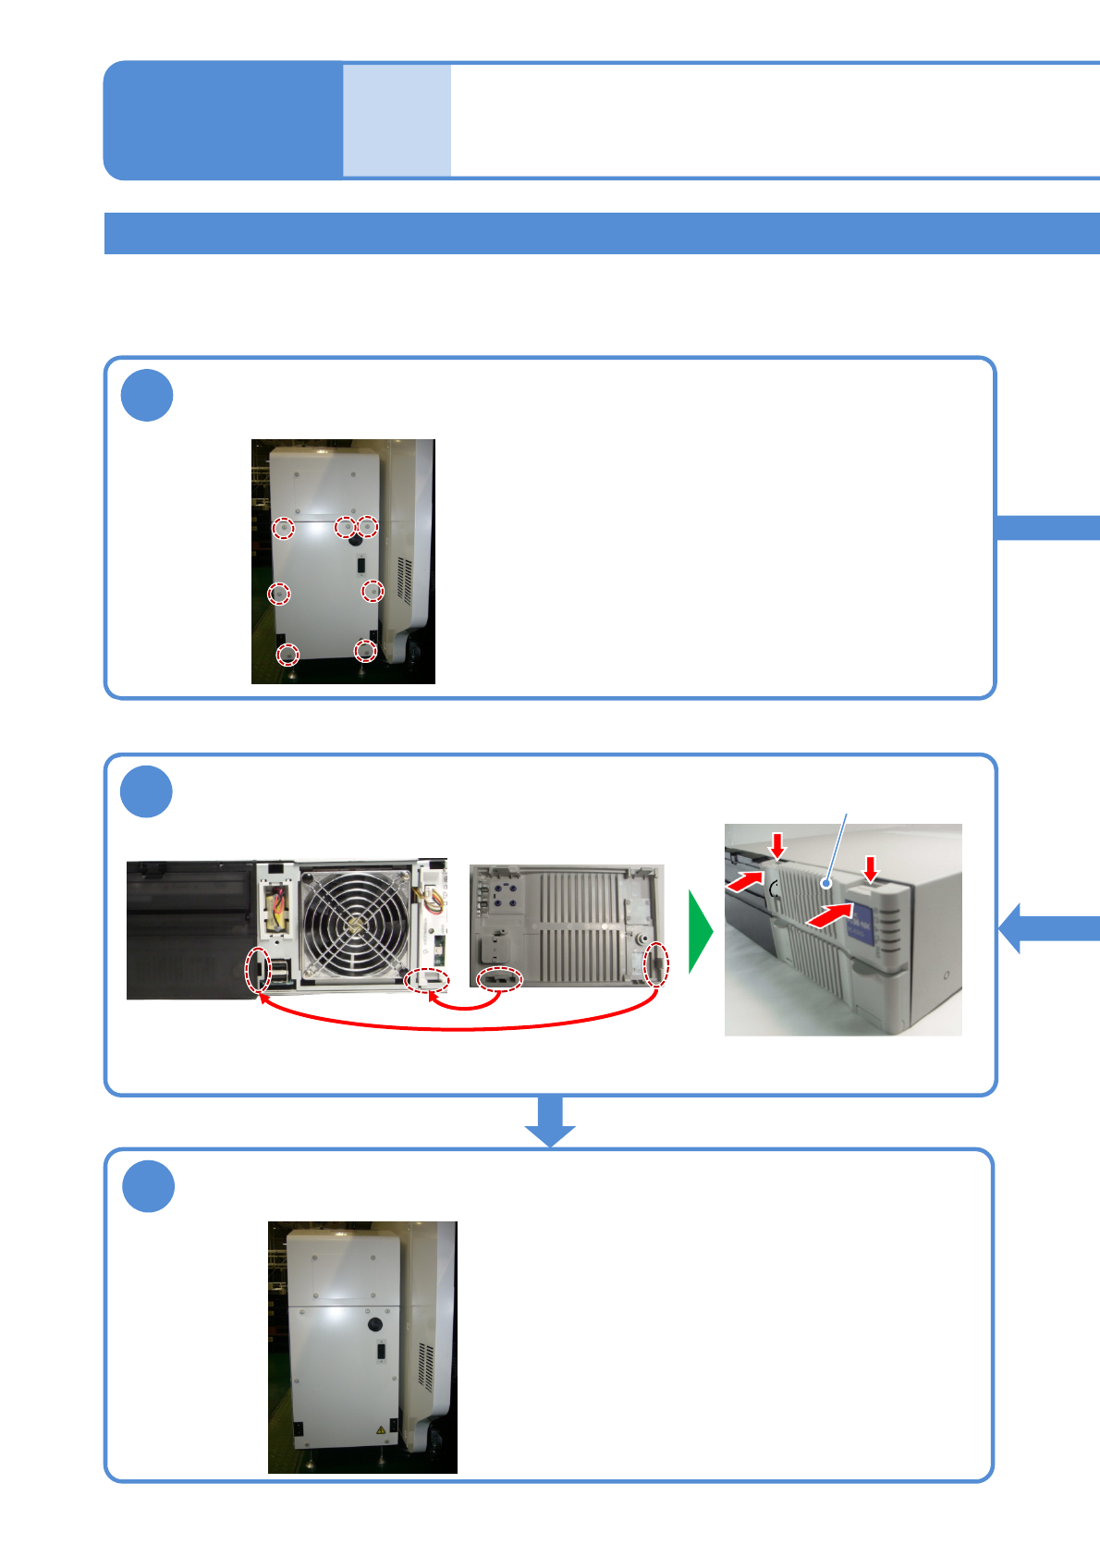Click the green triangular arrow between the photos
point(700,931)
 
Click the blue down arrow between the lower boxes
point(550,1122)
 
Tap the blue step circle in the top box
point(147,396)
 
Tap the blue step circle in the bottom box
point(148,1186)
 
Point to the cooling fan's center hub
point(353,926)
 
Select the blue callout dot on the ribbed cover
point(825,884)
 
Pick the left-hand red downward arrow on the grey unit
point(778,844)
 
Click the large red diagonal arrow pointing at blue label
point(830,915)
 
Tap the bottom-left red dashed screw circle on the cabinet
point(288,655)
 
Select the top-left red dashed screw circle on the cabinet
point(283,528)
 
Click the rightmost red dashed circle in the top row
point(368,526)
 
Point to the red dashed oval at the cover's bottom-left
point(499,978)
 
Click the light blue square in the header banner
point(397,120)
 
